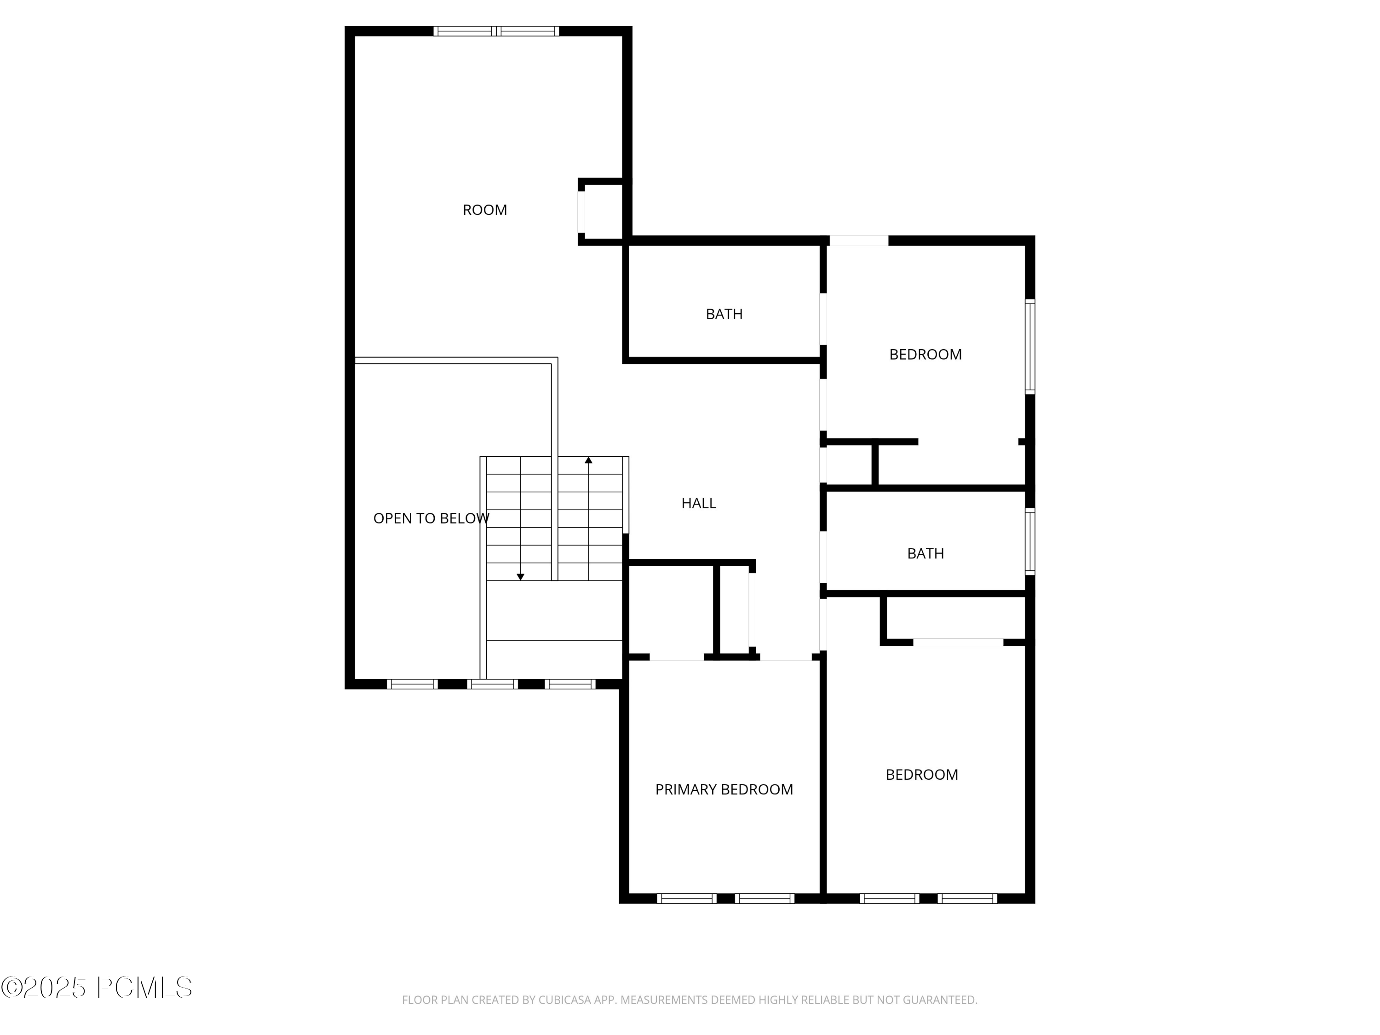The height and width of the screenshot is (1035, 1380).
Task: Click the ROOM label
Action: pyautogui.click(x=485, y=210)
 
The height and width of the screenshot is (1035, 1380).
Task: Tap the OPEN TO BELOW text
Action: pyautogui.click(x=431, y=518)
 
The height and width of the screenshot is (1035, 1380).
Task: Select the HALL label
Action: pyautogui.click(x=698, y=503)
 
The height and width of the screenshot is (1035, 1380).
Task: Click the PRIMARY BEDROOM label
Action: pyautogui.click(x=724, y=790)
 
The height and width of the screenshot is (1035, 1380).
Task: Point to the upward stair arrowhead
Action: pyautogui.click(x=588, y=460)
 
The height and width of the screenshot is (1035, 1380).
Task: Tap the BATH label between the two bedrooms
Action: pyautogui.click(x=925, y=553)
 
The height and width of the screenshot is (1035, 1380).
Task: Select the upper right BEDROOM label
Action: pyautogui.click(x=925, y=354)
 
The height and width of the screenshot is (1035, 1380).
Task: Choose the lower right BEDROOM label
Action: pyautogui.click(x=921, y=775)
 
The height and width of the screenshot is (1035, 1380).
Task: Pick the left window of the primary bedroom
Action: pyautogui.click(x=686, y=898)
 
